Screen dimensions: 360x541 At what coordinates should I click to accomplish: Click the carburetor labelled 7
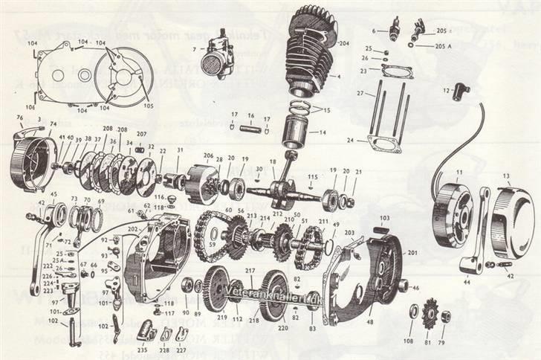pos(219,55)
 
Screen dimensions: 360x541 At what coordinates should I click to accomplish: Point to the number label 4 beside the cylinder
pos(339,77)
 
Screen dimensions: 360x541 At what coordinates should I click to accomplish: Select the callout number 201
pos(413,253)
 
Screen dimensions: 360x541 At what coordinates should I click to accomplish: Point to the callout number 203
pos(349,233)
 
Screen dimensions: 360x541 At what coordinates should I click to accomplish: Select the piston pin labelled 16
pos(252,116)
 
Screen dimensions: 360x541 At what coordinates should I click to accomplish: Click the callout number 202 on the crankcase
pos(132,230)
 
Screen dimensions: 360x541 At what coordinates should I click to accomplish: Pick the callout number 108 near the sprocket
pos(409,341)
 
